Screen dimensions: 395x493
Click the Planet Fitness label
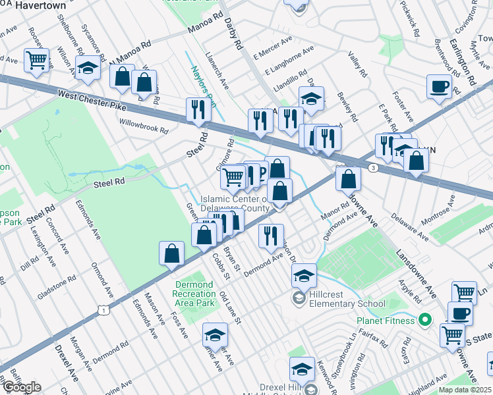click(x=386, y=321)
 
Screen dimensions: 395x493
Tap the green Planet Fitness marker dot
click(x=426, y=321)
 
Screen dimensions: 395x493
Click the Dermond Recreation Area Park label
click(x=195, y=294)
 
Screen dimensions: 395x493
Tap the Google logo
click(x=22, y=387)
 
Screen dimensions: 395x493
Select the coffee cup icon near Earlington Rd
click(x=439, y=87)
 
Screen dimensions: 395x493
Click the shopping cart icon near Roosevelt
click(x=37, y=60)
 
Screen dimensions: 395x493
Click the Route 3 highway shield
click(x=374, y=169)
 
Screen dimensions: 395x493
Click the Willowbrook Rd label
click(x=144, y=125)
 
